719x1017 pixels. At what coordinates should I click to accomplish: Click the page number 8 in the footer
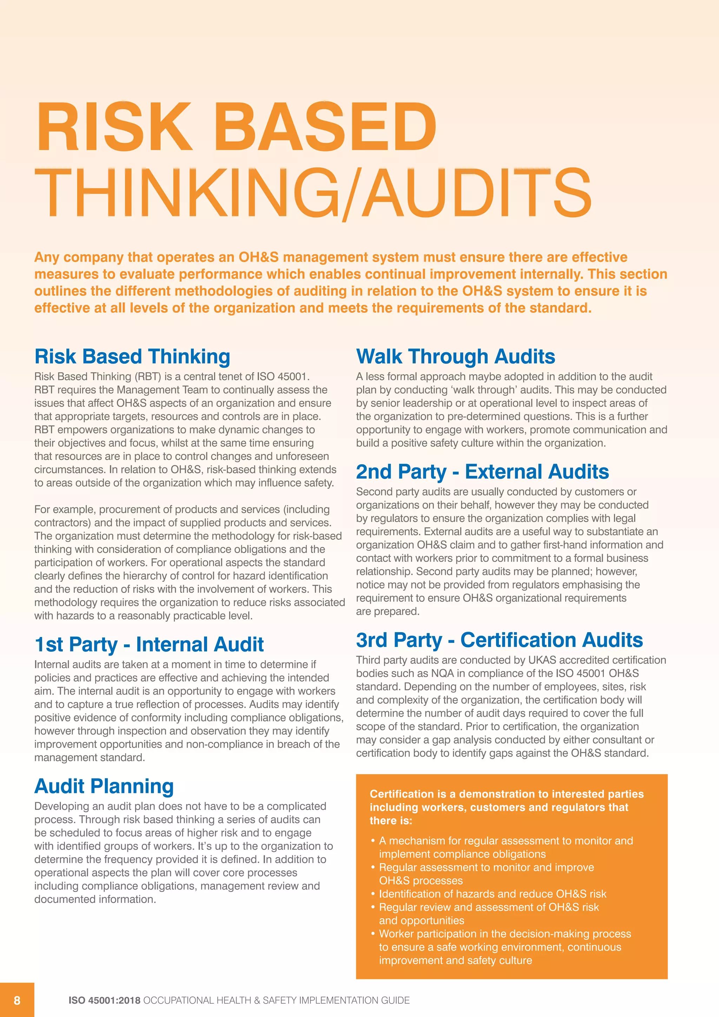point(17,1000)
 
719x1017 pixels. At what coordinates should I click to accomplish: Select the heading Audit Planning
point(104,786)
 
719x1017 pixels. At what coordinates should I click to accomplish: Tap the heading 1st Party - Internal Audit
point(149,644)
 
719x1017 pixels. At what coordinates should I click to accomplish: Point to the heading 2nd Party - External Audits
point(482,472)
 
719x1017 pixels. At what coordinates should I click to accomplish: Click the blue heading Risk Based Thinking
point(132,356)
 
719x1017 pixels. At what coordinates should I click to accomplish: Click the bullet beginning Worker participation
point(505,934)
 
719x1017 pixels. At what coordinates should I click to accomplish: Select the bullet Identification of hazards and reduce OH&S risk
point(492,894)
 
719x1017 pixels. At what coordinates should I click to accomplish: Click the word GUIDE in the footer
point(397,1000)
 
